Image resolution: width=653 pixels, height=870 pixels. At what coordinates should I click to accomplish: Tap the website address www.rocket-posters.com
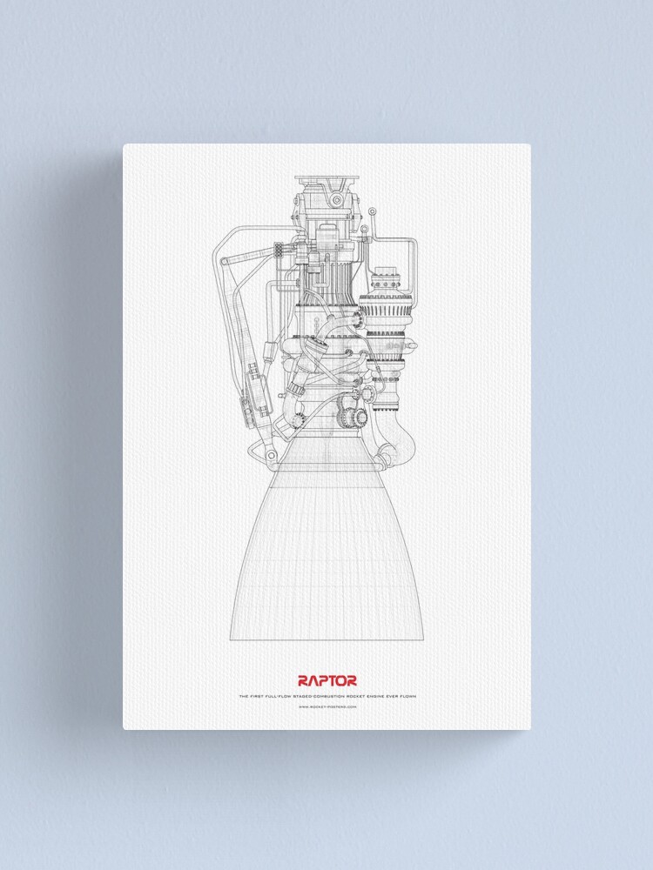[x=326, y=706]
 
